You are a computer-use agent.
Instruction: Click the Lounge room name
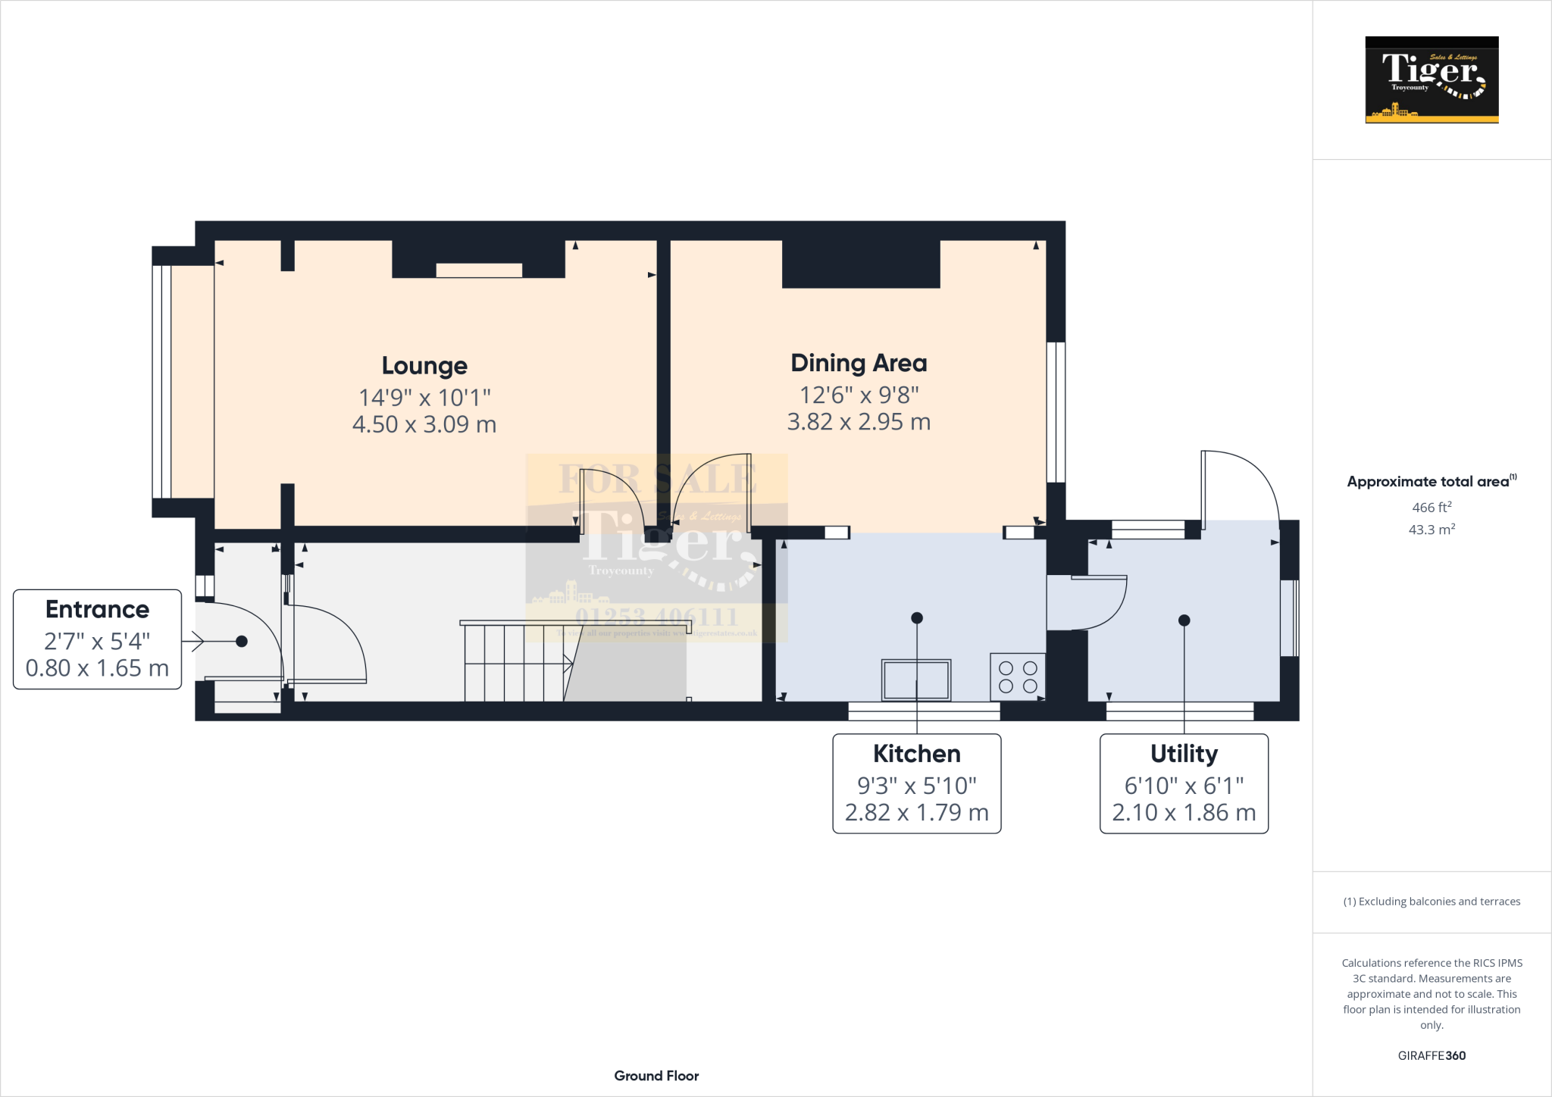pos(424,366)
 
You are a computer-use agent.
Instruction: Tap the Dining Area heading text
pos(859,363)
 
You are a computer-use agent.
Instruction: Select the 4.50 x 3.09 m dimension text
pos(424,424)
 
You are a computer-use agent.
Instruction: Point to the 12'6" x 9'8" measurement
pos(859,395)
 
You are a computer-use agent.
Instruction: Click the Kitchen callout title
pos(916,754)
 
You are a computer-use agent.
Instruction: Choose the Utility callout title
pos(1184,754)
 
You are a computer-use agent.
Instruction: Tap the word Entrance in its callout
pos(97,609)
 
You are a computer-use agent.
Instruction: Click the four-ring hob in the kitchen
pos(1018,677)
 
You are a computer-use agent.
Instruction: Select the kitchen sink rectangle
pos(916,680)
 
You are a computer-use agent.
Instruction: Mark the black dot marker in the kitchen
pos(916,618)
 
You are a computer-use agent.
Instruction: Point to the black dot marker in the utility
pos(1184,620)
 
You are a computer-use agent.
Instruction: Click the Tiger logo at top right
pos(1432,80)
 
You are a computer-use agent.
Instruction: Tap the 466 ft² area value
pos(1432,508)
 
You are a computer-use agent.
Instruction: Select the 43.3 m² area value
pos(1432,530)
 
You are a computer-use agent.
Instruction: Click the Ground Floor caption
pos(656,1076)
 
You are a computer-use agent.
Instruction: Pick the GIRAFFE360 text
pos(1432,1055)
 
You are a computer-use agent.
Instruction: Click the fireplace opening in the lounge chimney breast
pos(479,270)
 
